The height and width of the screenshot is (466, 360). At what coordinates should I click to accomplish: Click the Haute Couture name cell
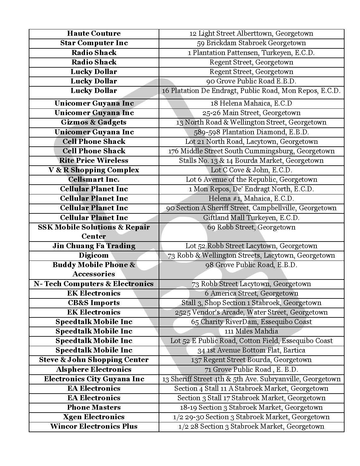pyautogui.click(x=94, y=34)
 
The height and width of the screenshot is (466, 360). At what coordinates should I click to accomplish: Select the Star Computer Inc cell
pyautogui.click(x=94, y=43)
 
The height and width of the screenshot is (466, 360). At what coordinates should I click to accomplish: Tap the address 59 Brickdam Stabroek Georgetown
pyautogui.click(x=251, y=43)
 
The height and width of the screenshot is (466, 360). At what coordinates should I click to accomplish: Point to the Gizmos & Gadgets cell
pyautogui.click(x=94, y=122)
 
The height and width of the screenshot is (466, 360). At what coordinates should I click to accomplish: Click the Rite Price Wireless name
pyautogui.click(x=94, y=161)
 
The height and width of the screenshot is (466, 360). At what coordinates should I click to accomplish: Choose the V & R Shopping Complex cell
pyautogui.click(x=94, y=170)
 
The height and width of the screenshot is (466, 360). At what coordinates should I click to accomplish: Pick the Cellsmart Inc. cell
pyautogui.click(x=94, y=180)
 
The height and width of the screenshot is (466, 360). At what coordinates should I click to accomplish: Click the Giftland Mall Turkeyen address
pyautogui.click(x=251, y=218)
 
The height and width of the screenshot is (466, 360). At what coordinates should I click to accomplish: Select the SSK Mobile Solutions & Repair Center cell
pyautogui.click(x=94, y=232)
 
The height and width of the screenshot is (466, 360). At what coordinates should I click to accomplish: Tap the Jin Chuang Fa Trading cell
pyautogui.click(x=94, y=246)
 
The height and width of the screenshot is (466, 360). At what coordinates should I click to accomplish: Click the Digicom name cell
pyautogui.click(x=94, y=255)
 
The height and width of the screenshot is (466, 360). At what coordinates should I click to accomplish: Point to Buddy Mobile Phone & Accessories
pyautogui.click(x=94, y=269)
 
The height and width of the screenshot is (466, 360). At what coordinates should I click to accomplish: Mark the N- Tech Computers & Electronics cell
pyautogui.click(x=94, y=284)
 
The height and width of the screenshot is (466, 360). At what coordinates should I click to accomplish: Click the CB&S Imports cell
pyautogui.click(x=94, y=303)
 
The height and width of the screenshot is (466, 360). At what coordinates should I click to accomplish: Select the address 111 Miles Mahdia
pyautogui.click(x=251, y=331)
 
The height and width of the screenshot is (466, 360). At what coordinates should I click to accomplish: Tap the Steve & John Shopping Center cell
pyautogui.click(x=94, y=360)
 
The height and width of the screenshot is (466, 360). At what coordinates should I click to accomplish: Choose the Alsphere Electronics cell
pyautogui.click(x=94, y=370)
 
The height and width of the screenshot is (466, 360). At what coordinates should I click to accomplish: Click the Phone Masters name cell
pyautogui.click(x=94, y=408)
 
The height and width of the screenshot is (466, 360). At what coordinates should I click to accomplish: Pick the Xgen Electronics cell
pyautogui.click(x=94, y=417)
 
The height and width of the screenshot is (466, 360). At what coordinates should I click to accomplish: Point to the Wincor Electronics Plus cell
pyautogui.click(x=94, y=426)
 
